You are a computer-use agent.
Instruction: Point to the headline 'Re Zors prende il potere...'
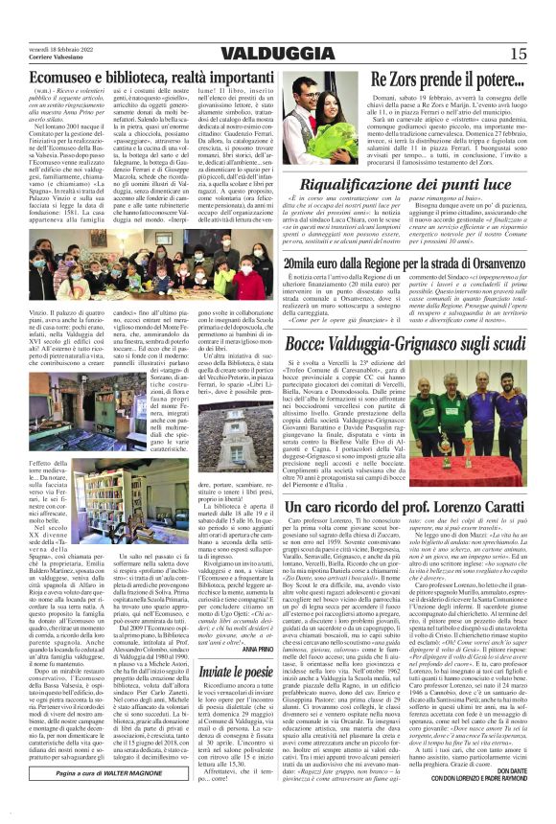coord(445,80)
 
